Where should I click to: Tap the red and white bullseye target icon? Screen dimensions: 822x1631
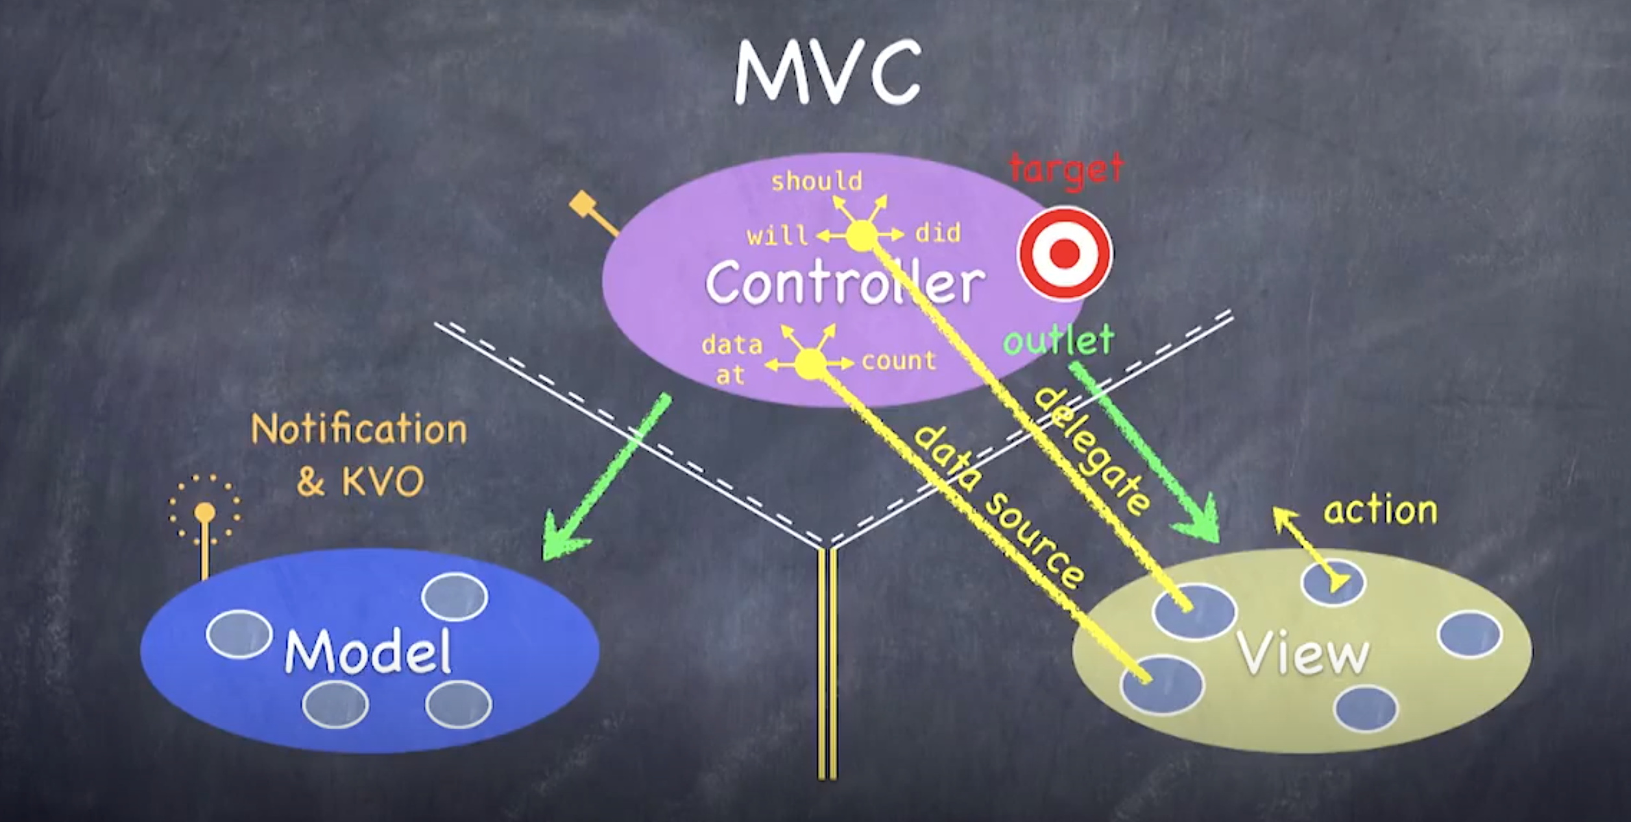(x=1065, y=253)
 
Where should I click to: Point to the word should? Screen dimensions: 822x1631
(x=817, y=182)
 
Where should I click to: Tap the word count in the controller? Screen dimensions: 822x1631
(x=899, y=361)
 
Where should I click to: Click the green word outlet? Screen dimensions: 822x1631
(x=1059, y=340)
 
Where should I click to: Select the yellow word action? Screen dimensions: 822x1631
(x=1381, y=511)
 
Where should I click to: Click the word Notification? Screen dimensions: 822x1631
(x=359, y=430)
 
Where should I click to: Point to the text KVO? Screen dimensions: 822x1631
(x=383, y=482)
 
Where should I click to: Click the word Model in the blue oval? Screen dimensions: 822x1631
(x=368, y=652)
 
